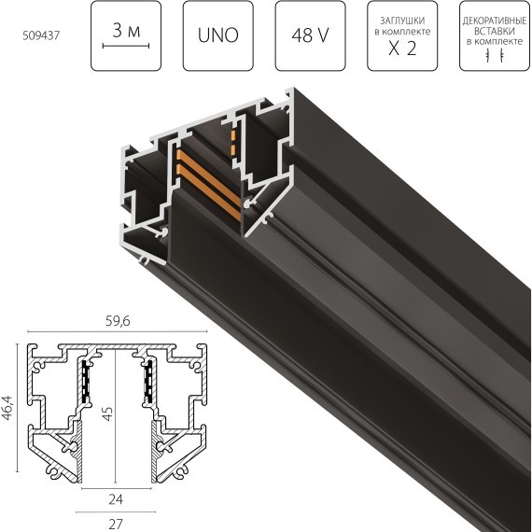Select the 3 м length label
(x=126, y=31)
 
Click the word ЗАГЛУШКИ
(x=401, y=20)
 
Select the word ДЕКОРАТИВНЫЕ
(x=493, y=19)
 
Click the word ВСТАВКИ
(x=493, y=29)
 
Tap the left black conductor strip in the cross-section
(x=86, y=384)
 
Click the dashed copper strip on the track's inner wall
(x=231, y=145)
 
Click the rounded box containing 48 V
(x=310, y=37)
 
